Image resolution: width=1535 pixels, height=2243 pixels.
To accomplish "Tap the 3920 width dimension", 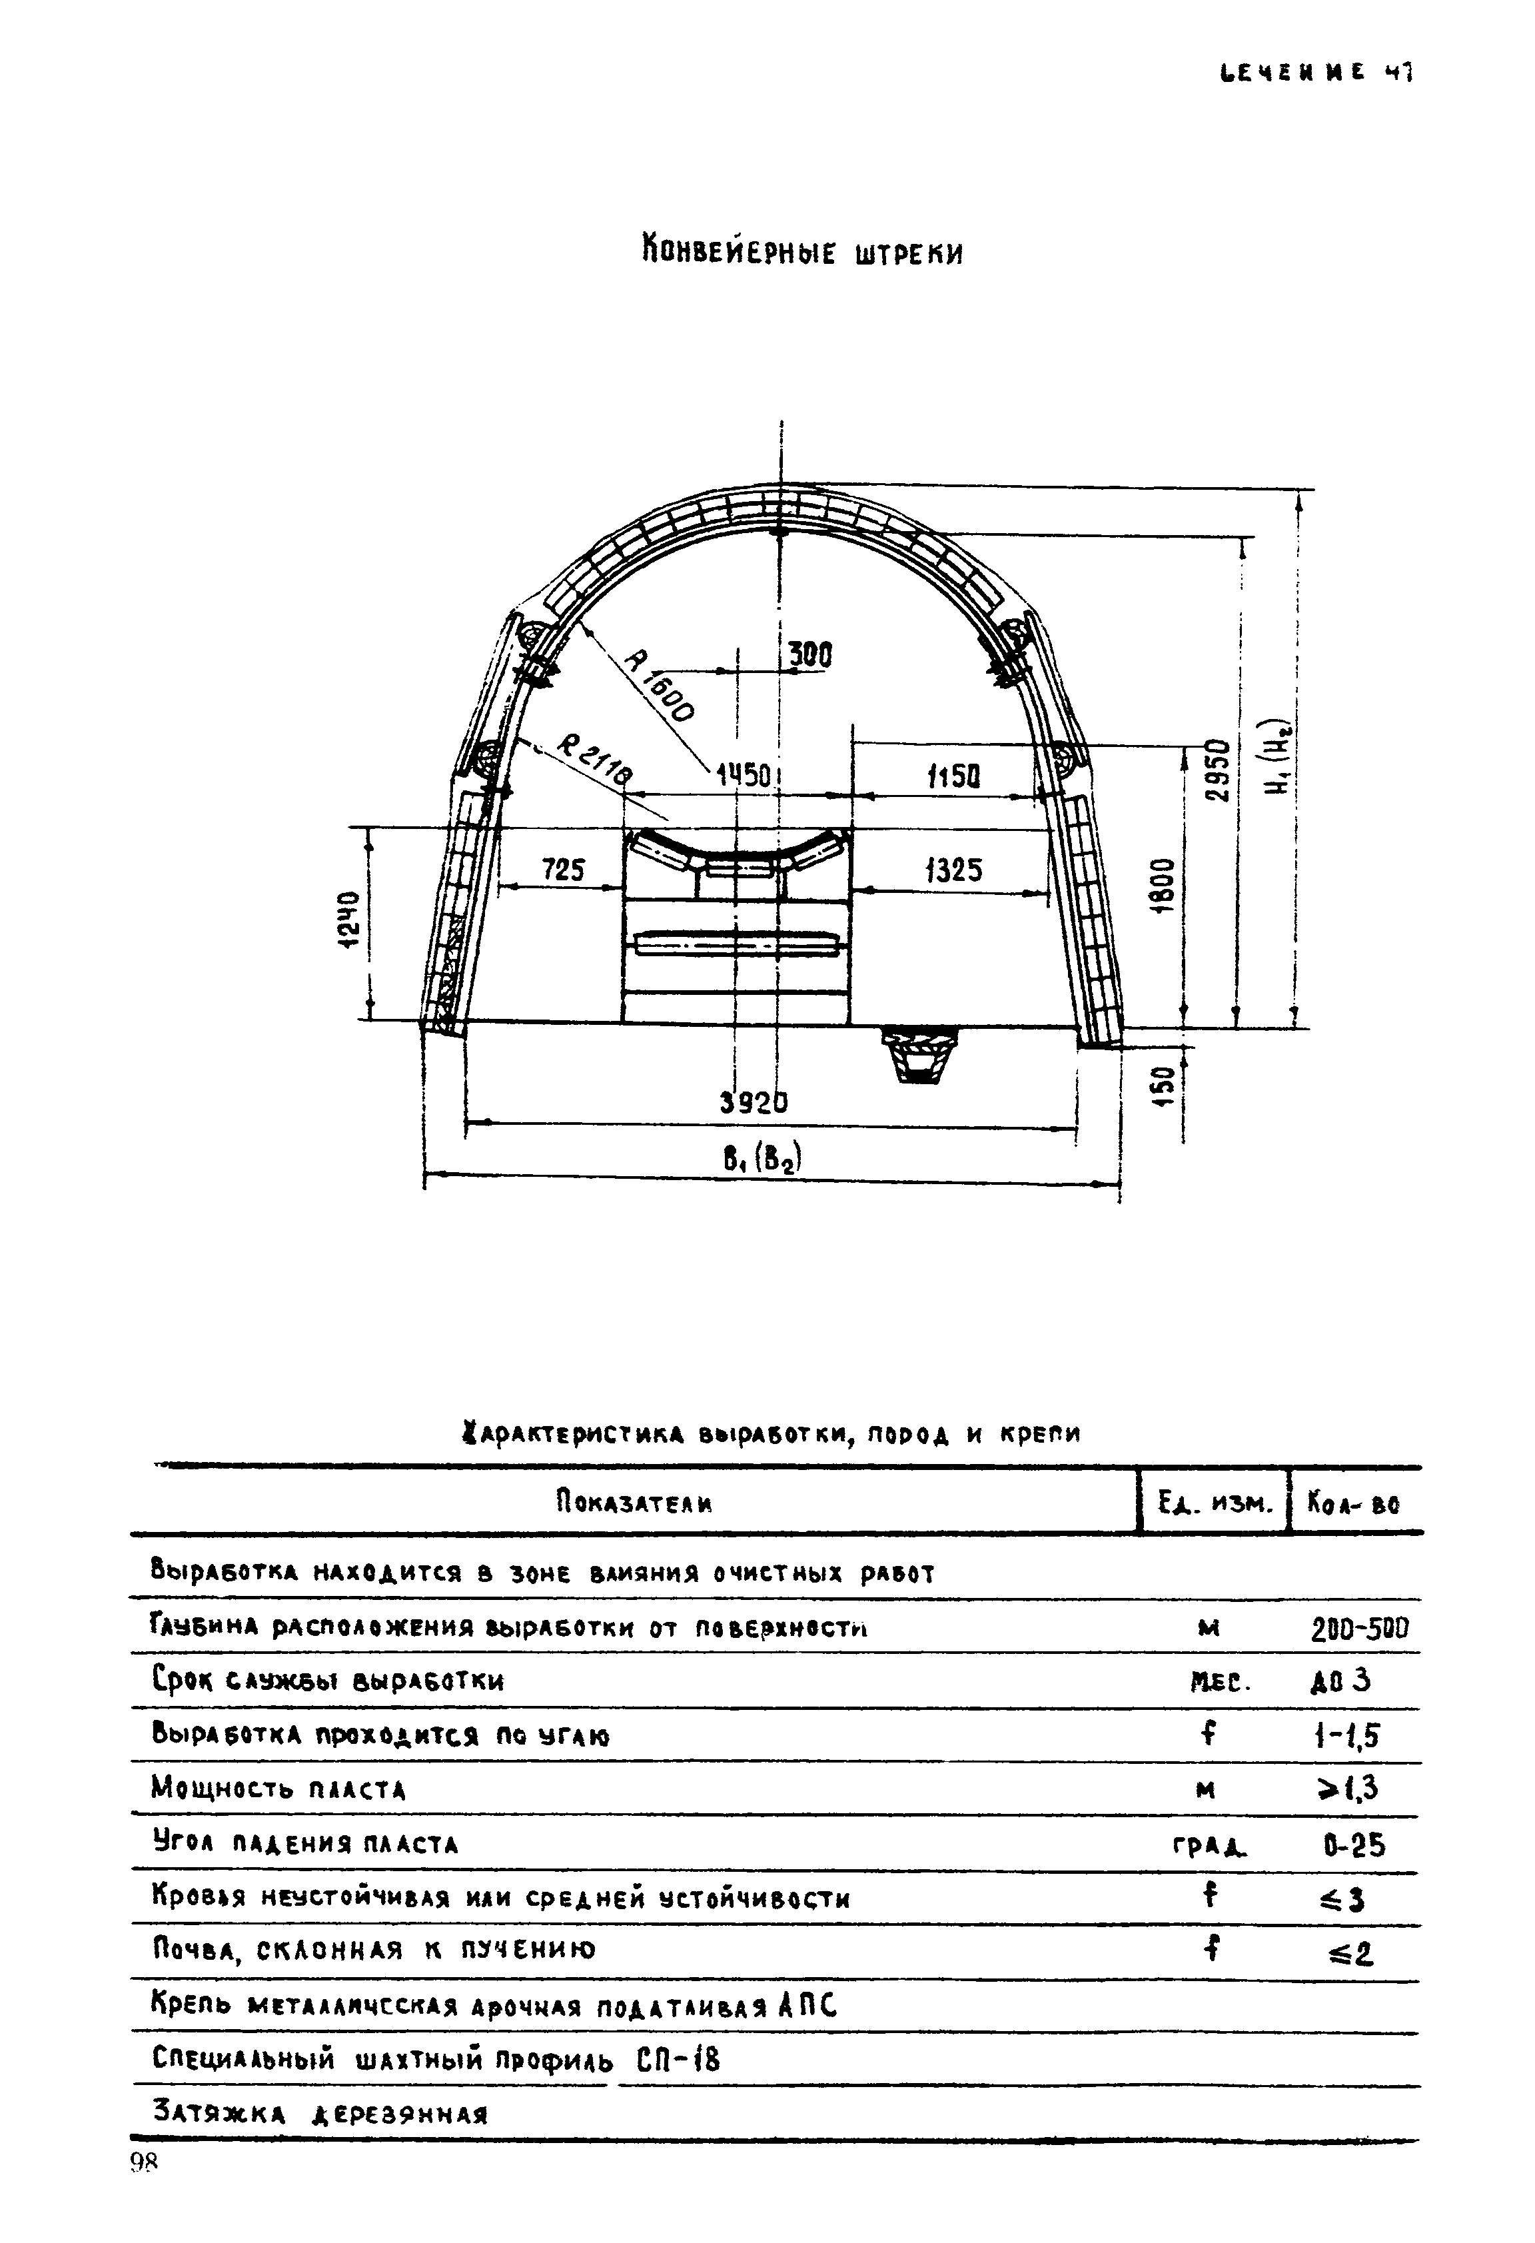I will pos(754,1102).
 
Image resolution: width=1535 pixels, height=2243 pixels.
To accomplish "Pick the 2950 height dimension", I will pos(1219,770).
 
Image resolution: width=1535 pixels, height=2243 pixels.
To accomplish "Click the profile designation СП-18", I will pos(679,2060).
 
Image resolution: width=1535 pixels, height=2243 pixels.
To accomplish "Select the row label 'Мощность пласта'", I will pos(279,1791).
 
